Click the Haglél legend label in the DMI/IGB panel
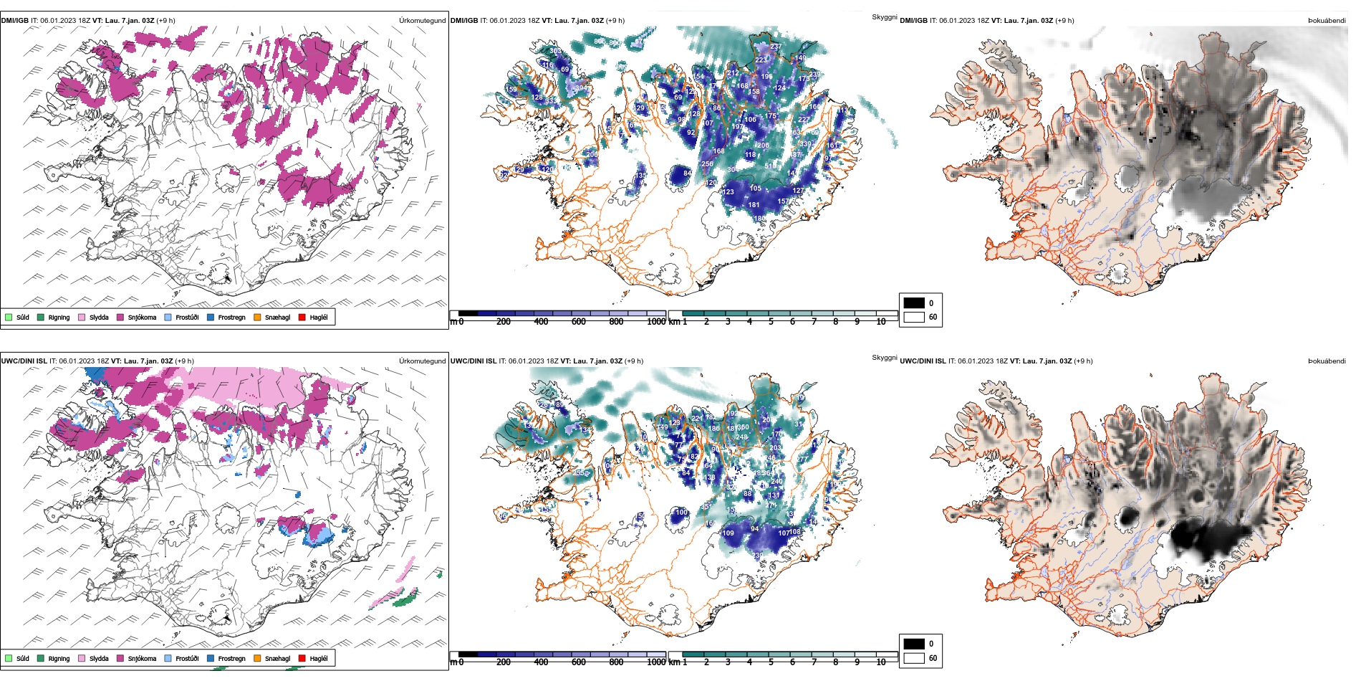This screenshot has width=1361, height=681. [x=319, y=318]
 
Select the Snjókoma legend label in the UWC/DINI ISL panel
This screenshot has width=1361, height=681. [x=142, y=659]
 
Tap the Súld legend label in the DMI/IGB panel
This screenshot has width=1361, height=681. [x=23, y=318]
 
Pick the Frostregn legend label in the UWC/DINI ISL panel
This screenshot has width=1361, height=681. [x=231, y=659]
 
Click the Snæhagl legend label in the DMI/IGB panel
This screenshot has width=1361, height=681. [x=277, y=318]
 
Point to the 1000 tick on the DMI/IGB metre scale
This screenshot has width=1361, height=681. [x=656, y=322]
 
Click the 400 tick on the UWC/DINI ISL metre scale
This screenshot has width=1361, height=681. [x=541, y=662]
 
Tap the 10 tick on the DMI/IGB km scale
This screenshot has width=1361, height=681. [x=881, y=322]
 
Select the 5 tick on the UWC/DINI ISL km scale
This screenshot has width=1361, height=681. [x=771, y=662]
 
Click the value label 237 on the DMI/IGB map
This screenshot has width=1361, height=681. [x=775, y=47]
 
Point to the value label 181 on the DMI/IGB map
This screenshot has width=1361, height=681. [x=754, y=205]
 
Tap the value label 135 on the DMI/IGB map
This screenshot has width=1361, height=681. [x=640, y=175]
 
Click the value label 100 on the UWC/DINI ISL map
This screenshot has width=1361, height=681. [x=681, y=513]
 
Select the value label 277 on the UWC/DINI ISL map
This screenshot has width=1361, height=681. [x=802, y=459]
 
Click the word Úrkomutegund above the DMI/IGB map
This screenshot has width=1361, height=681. [x=422, y=21]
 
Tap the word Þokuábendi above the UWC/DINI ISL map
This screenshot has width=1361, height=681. [x=1327, y=361]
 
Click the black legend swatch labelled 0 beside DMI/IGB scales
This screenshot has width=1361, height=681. [x=914, y=303]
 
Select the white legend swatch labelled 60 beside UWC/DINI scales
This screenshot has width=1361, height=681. [x=914, y=658]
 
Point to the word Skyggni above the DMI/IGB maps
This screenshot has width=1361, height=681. [x=884, y=17]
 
